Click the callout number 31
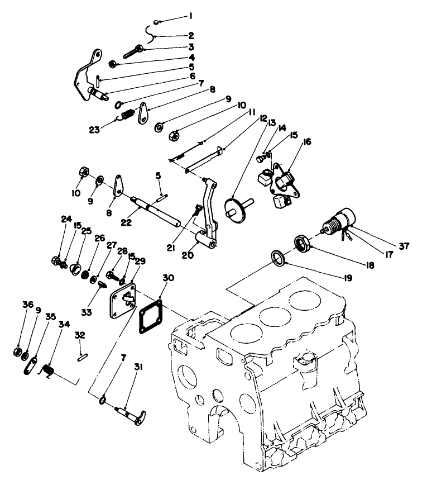pos(138,367)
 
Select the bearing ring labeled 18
pos(303,244)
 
